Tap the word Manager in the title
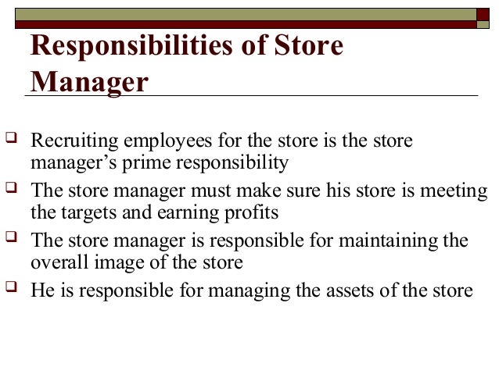pos(88,81)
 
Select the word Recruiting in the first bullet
pos(68,142)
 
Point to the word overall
pos(56,261)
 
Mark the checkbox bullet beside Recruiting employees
pos(11,141)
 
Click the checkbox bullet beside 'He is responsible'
pos(11,289)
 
